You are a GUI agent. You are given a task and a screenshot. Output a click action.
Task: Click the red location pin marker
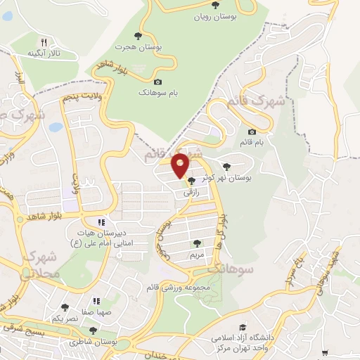point(181,165)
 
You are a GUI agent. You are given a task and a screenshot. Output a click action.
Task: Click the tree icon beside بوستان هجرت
point(138,36)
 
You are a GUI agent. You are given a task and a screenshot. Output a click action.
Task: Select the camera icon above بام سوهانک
point(157,82)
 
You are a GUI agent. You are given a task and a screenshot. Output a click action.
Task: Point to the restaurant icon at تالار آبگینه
point(43,41)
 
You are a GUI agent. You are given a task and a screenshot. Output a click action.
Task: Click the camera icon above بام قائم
point(252,131)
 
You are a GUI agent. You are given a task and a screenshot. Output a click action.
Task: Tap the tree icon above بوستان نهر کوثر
point(226,167)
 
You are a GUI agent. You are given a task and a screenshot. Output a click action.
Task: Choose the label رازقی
point(191,191)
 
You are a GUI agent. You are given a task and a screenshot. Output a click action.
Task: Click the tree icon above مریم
point(196,243)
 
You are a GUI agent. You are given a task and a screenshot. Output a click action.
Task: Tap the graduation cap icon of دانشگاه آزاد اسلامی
point(243,327)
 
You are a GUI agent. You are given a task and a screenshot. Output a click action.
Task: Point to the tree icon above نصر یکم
point(65,307)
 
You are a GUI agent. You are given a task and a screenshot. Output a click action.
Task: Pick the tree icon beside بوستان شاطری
point(93,330)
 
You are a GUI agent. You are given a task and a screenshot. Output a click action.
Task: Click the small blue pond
point(56,128)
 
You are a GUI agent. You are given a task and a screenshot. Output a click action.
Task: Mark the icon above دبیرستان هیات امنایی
point(101,223)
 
